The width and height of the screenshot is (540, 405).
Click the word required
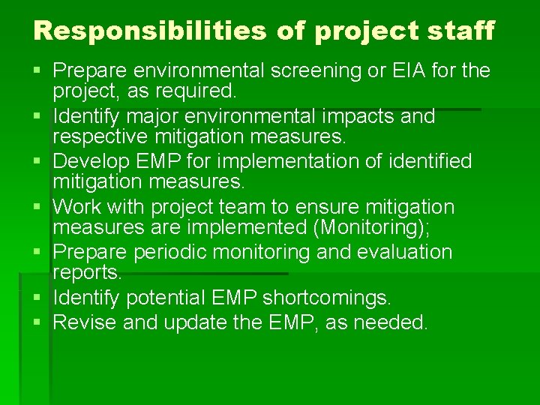pos(200,91)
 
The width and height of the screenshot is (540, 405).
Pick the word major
pos(154,116)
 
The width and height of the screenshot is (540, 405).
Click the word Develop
pos(93,161)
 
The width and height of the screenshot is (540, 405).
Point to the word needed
pos(390,323)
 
